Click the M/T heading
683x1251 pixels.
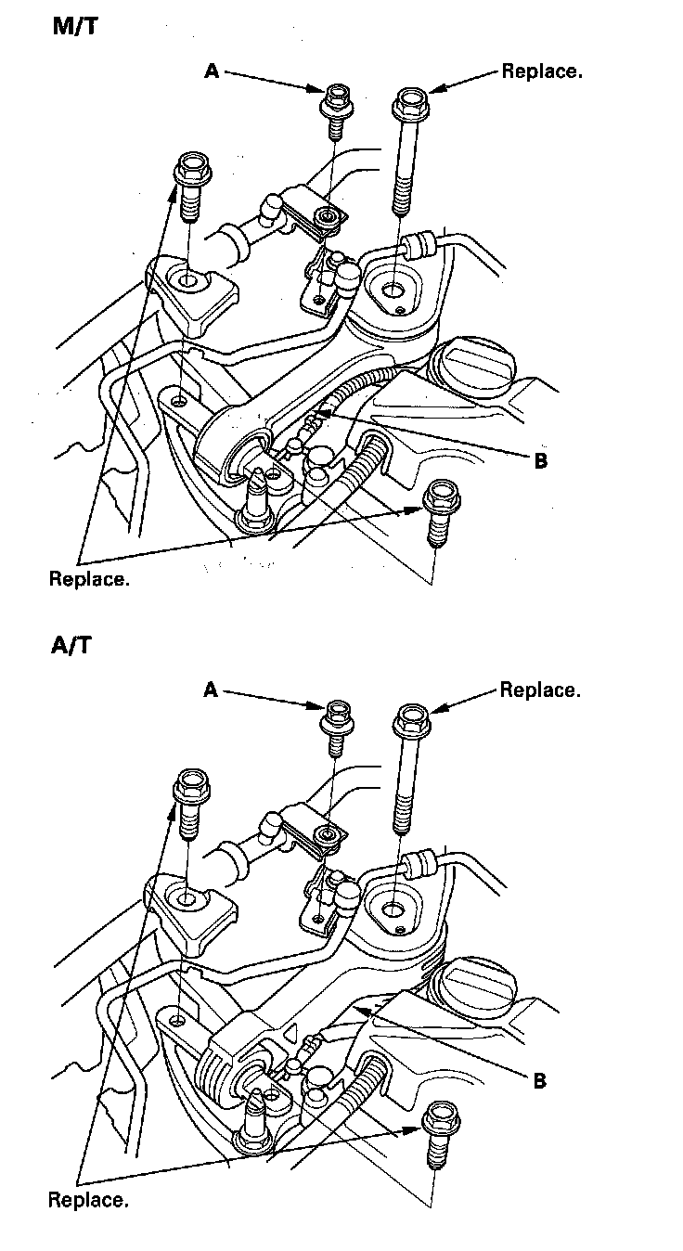coord(74,27)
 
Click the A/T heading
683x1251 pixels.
coord(71,645)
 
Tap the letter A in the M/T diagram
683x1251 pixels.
coord(212,71)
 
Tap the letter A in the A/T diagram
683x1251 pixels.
coord(211,690)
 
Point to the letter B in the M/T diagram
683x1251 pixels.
coord(540,460)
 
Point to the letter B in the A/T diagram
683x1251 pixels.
coord(539,1080)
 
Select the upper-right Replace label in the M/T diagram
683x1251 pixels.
coord(542,71)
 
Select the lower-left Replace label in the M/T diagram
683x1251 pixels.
coord(88,579)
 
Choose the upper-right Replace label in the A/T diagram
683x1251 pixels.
coord(540,690)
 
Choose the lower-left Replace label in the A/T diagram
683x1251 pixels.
coord(88,1200)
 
